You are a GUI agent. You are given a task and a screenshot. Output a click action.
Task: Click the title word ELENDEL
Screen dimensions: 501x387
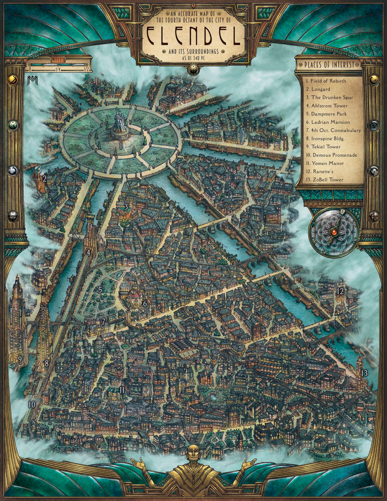pyautogui.click(x=193, y=36)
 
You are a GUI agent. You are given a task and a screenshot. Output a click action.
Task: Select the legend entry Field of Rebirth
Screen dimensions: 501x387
pyautogui.click(x=325, y=81)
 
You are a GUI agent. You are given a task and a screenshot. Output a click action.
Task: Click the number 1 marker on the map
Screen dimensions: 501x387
pyautogui.click(x=121, y=146)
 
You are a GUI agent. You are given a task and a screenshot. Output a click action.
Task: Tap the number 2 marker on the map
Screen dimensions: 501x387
pyautogui.click(x=44, y=178)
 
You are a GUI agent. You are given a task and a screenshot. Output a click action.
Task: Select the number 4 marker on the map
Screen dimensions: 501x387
pyautogui.click(x=88, y=254)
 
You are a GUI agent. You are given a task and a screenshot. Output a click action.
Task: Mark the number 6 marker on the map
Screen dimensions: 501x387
pyautogui.click(x=145, y=303)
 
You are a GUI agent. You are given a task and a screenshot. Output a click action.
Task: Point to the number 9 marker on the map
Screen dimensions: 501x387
pyautogui.click(x=20, y=359)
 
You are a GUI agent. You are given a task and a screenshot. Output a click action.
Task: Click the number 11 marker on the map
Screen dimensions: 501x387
pyautogui.click(x=122, y=390)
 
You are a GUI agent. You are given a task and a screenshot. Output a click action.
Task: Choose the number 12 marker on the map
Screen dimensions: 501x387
pyautogui.click(x=340, y=291)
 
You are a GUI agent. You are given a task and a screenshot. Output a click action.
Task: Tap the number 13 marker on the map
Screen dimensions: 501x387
pyautogui.click(x=364, y=373)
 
